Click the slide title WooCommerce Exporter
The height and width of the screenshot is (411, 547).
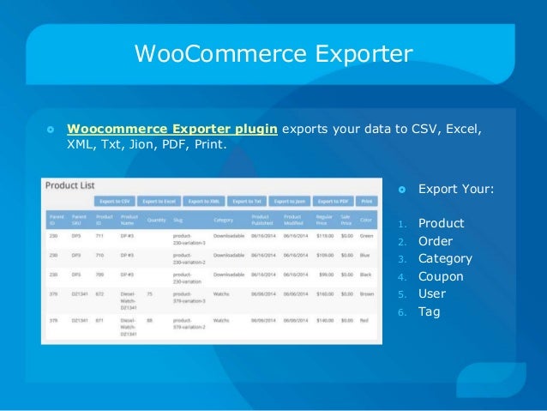pyautogui.click(x=273, y=54)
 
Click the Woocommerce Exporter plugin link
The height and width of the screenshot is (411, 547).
pyautogui.click(x=172, y=130)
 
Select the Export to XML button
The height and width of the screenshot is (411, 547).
pyautogui.click(x=203, y=201)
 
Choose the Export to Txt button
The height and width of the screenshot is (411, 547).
pyautogui.click(x=247, y=201)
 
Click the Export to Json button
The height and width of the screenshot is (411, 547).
pyautogui.click(x=291, y=201)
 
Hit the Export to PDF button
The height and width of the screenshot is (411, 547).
pyautogui.click(x=333, y=201)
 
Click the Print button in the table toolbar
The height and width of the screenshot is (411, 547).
pyautogui.click(x=367, y=201)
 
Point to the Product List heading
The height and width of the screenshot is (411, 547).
pyautogui.click(x=69, y=184)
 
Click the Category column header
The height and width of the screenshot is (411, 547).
pyautogui.click(x=225, y=220)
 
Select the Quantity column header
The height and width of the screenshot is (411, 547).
pyautogui.click(x=157, y=220)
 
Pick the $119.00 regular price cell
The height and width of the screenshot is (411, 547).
pyautogui.click(x=324, y=234)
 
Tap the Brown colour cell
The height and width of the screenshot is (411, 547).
pyautogui.click(x=367, y=293)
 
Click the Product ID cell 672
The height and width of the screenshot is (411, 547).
pyautogui.click(x=100, y=293)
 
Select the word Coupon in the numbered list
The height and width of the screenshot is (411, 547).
pyautogui.click(x=441, y=276)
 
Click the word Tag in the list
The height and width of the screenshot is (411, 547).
pyautogui.click(x=429, y=311)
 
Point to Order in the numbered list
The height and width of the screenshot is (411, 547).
pyautogui.click(x=435, y=241)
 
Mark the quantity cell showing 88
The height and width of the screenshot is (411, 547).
pyautogui.click(x=151, y=319)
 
